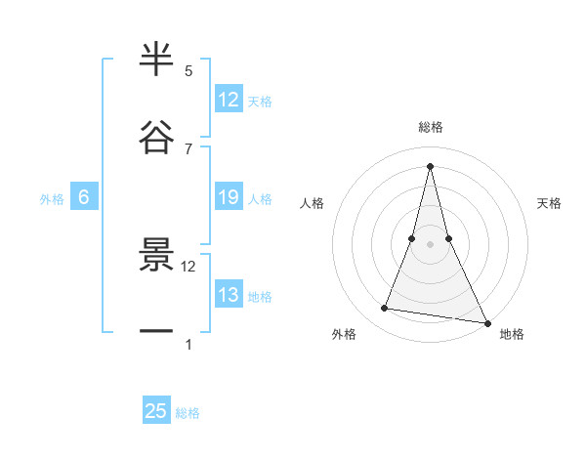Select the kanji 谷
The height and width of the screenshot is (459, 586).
click(x=156, y=139)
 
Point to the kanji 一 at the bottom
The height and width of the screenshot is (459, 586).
click(x=156, y=332)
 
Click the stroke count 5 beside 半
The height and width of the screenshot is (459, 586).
click(x=188, y=71)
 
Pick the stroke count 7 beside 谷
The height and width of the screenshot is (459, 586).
click(x=188, y=148)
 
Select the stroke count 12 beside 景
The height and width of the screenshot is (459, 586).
click(x=188, y=266)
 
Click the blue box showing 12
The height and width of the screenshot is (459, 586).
click(x=229, y=100)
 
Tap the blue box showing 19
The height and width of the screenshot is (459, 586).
click(x=229, y=198)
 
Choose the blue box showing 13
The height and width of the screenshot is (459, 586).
click(x=229, y=296)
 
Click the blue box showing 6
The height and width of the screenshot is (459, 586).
click(x=84, y=198)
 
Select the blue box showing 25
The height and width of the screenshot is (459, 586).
click(x=156, y=411)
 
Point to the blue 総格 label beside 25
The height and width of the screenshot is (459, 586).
click(x=188, y=413)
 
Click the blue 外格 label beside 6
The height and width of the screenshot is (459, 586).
click(x=52, y=199)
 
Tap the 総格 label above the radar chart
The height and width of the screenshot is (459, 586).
click(x=431, y=127)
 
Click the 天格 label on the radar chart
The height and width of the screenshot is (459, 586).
click(x=550, y=203)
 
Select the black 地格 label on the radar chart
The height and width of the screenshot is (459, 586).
click(x=512, y=334)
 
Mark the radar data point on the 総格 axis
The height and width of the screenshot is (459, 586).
click(x=430, y=165)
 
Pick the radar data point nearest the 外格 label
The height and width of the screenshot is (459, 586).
click(x=385, y=309)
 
